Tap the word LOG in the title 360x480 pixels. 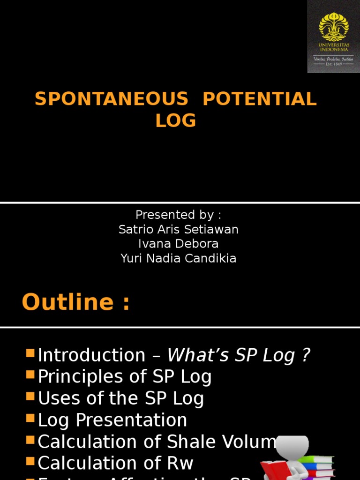(x=176, y=121)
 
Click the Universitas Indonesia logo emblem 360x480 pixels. (x=333, y=26)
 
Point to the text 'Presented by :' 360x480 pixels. (x=178, y=215)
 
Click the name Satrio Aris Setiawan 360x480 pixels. (x=178, y=229)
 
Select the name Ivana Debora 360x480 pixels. (x=178, y=244)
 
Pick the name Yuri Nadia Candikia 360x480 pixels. (x=178, y=258)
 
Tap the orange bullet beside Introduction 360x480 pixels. (x=30, y=354)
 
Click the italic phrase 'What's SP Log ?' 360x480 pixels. (x=239, y=355)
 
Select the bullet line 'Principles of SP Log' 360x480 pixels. (x=125, y=377)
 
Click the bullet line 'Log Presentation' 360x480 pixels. (x=112, y=420)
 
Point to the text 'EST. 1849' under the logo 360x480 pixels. (x=334, y=64)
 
